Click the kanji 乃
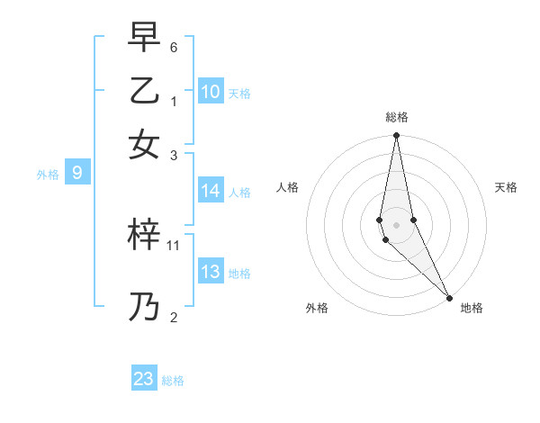[x=145, y=307]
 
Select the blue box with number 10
[x=211, y=92]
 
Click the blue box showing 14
[x=211, y=191]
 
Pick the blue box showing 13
[x=211, y=272]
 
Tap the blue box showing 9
[x=77, y=174]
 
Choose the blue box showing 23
[x=144, y=379]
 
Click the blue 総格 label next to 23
[x=173, y=381]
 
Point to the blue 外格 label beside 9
[x=48, y=175]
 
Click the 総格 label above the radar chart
[x=397, y=117]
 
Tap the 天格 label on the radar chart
[x=507, y=187]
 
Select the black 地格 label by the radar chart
[x=472, y=308]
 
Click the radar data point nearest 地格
[x=449, y=298]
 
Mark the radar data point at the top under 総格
[x=396, y=136]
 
